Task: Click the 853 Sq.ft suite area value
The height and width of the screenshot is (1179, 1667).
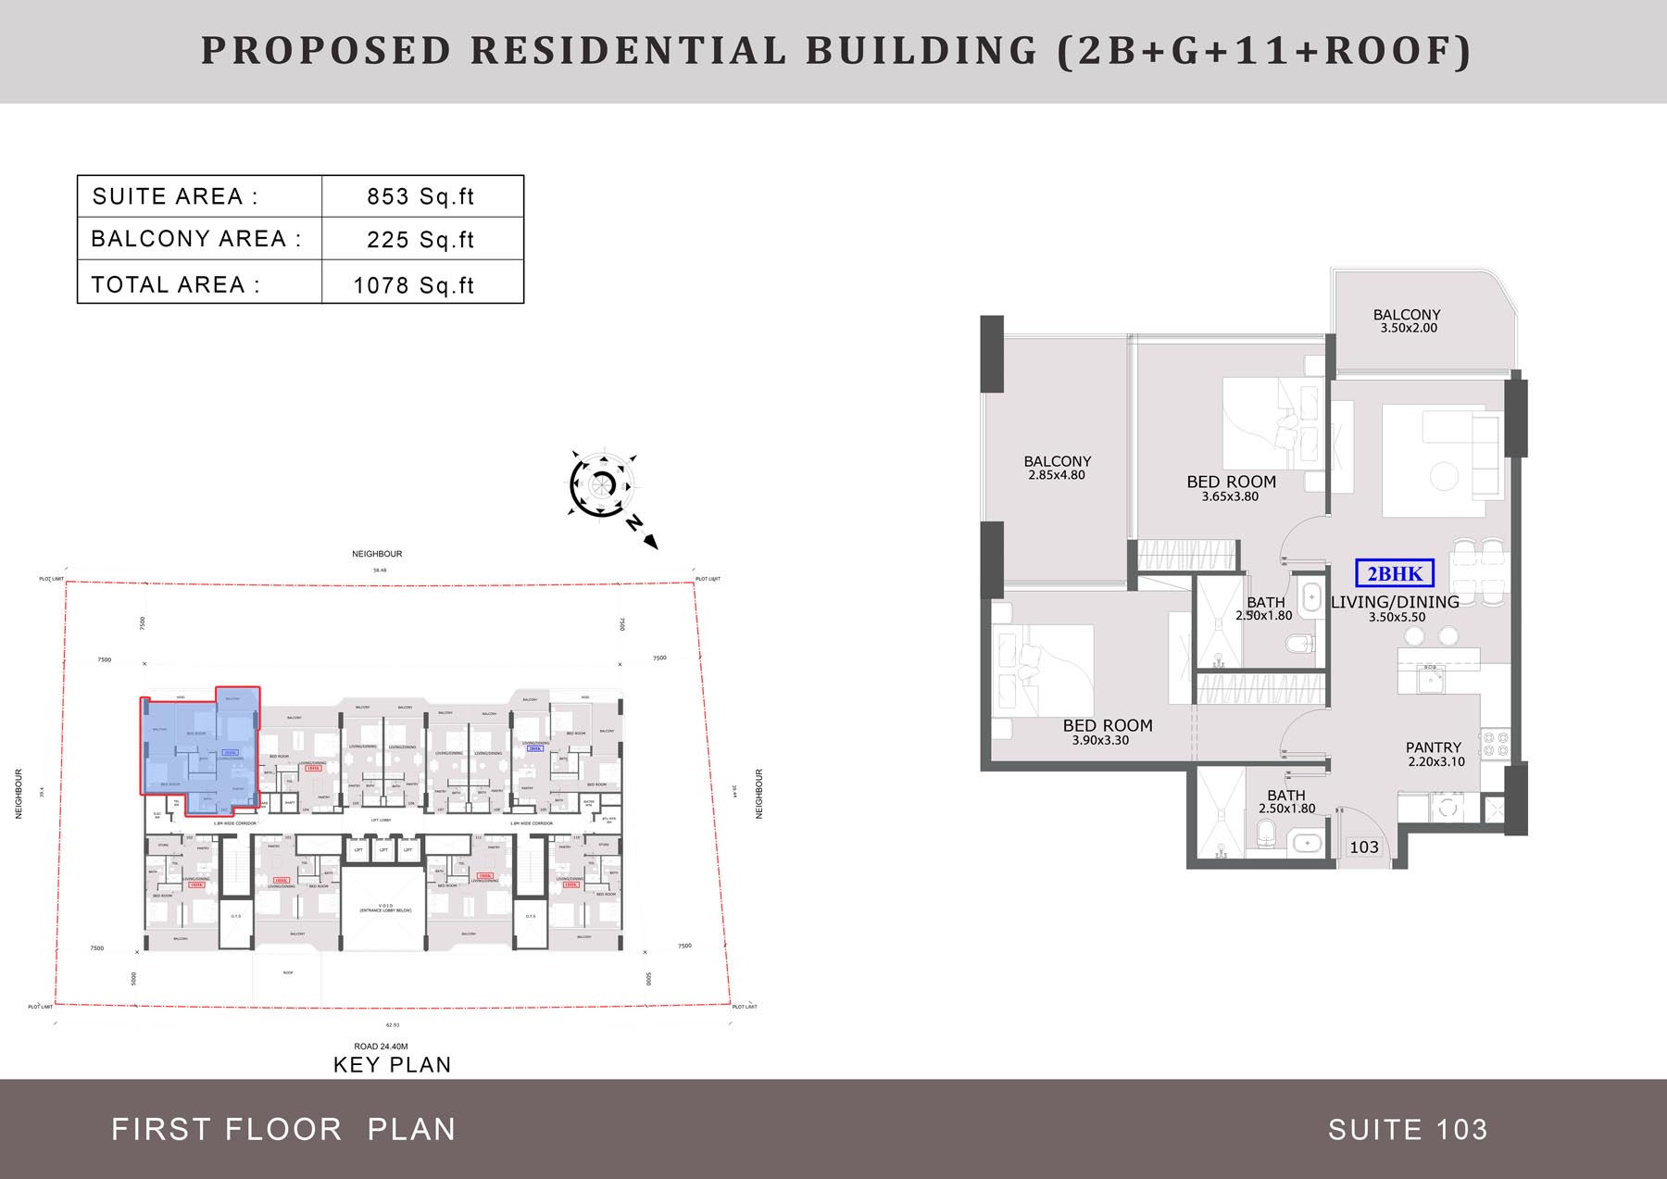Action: pos(420,196)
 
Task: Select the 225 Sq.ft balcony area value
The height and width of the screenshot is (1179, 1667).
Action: pos(420,240)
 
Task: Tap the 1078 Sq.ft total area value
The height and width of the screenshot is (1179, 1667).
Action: pos(413,285)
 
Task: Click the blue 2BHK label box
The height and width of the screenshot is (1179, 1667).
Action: pos(1395,573)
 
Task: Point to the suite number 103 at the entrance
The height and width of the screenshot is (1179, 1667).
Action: pos(1364,847)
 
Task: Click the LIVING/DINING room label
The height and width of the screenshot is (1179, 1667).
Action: pos(1395,602)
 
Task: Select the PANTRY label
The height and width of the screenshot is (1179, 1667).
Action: pos(1434,747)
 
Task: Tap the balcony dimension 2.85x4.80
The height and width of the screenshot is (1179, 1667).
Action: pos(1057,475)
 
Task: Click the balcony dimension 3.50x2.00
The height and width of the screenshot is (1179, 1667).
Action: pos(1409,328)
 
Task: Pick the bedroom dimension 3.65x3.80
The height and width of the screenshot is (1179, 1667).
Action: pos(1230,496)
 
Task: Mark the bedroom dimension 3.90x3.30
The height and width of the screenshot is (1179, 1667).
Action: pos(1100,740)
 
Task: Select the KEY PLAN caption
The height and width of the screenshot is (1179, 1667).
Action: pos(393,1065)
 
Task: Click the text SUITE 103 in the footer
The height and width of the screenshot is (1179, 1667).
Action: pos(1408,1130)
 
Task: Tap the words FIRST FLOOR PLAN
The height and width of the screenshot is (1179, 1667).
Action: pos(283,1130)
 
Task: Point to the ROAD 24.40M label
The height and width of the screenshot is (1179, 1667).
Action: pos(381,1047)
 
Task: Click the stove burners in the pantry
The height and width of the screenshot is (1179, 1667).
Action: pos(1496,744)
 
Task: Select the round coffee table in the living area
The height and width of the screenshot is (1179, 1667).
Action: pos(1444,476)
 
